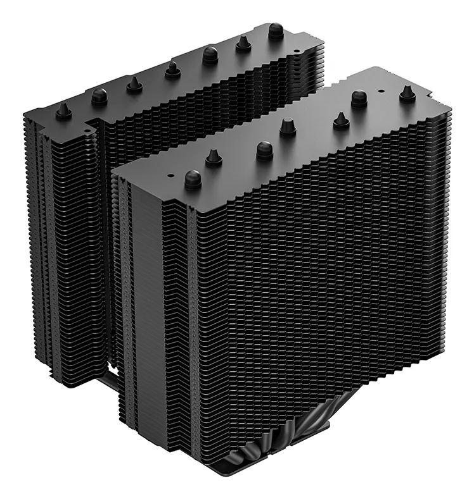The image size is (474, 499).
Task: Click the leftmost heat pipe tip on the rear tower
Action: [63, 110]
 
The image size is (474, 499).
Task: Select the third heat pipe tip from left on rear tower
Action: [134, 84]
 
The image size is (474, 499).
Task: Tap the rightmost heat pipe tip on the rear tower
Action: [276, 30]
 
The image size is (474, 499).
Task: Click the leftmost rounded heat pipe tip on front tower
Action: [192, 179]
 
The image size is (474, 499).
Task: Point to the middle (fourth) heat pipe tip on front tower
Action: [287, 126]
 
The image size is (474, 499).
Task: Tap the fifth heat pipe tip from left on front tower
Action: [341, 120]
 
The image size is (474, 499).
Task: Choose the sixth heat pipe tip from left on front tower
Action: [359, 98]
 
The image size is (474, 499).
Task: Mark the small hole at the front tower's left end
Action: [170, 171]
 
